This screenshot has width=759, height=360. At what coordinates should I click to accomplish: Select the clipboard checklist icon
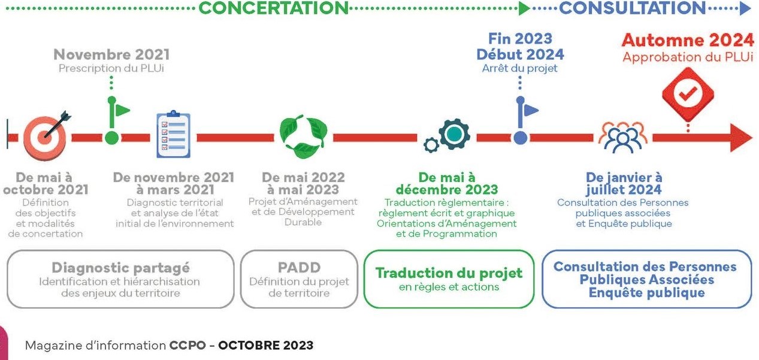click(x=174, y=134)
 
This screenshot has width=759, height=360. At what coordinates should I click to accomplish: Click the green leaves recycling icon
click(x=304, y=137)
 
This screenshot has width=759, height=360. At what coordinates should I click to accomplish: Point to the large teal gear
click(x=454, y=134)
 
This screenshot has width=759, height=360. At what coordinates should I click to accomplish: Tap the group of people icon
click(x=623, y=137)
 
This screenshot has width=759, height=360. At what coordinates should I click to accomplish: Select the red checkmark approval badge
click(x=688, y=94)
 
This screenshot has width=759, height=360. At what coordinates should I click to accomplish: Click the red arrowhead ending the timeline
click(x=740, y=138)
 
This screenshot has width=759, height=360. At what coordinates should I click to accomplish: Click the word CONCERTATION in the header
click(x=273, y=8)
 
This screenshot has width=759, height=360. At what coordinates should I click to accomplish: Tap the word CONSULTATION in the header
click(x=632, y=8)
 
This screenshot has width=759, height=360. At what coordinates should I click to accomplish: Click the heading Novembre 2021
click(x=111, y=55)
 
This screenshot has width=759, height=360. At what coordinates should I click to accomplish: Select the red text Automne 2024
click(x=688, y=40)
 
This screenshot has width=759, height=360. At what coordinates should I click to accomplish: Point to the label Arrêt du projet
click(x=520, y=68)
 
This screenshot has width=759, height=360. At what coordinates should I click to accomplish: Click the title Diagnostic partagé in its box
click(x=120, y=268)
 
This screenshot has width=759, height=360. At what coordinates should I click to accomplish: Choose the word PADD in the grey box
click(x=299, y=268)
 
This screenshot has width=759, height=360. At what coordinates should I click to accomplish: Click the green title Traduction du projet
click(x=449, y=273)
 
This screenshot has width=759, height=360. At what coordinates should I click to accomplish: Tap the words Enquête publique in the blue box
click(x=646, y=292)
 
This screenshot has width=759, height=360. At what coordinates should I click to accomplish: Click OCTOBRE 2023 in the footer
click(x=265, y=345)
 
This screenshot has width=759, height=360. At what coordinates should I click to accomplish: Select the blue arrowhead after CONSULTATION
click(x=745, y=8)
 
